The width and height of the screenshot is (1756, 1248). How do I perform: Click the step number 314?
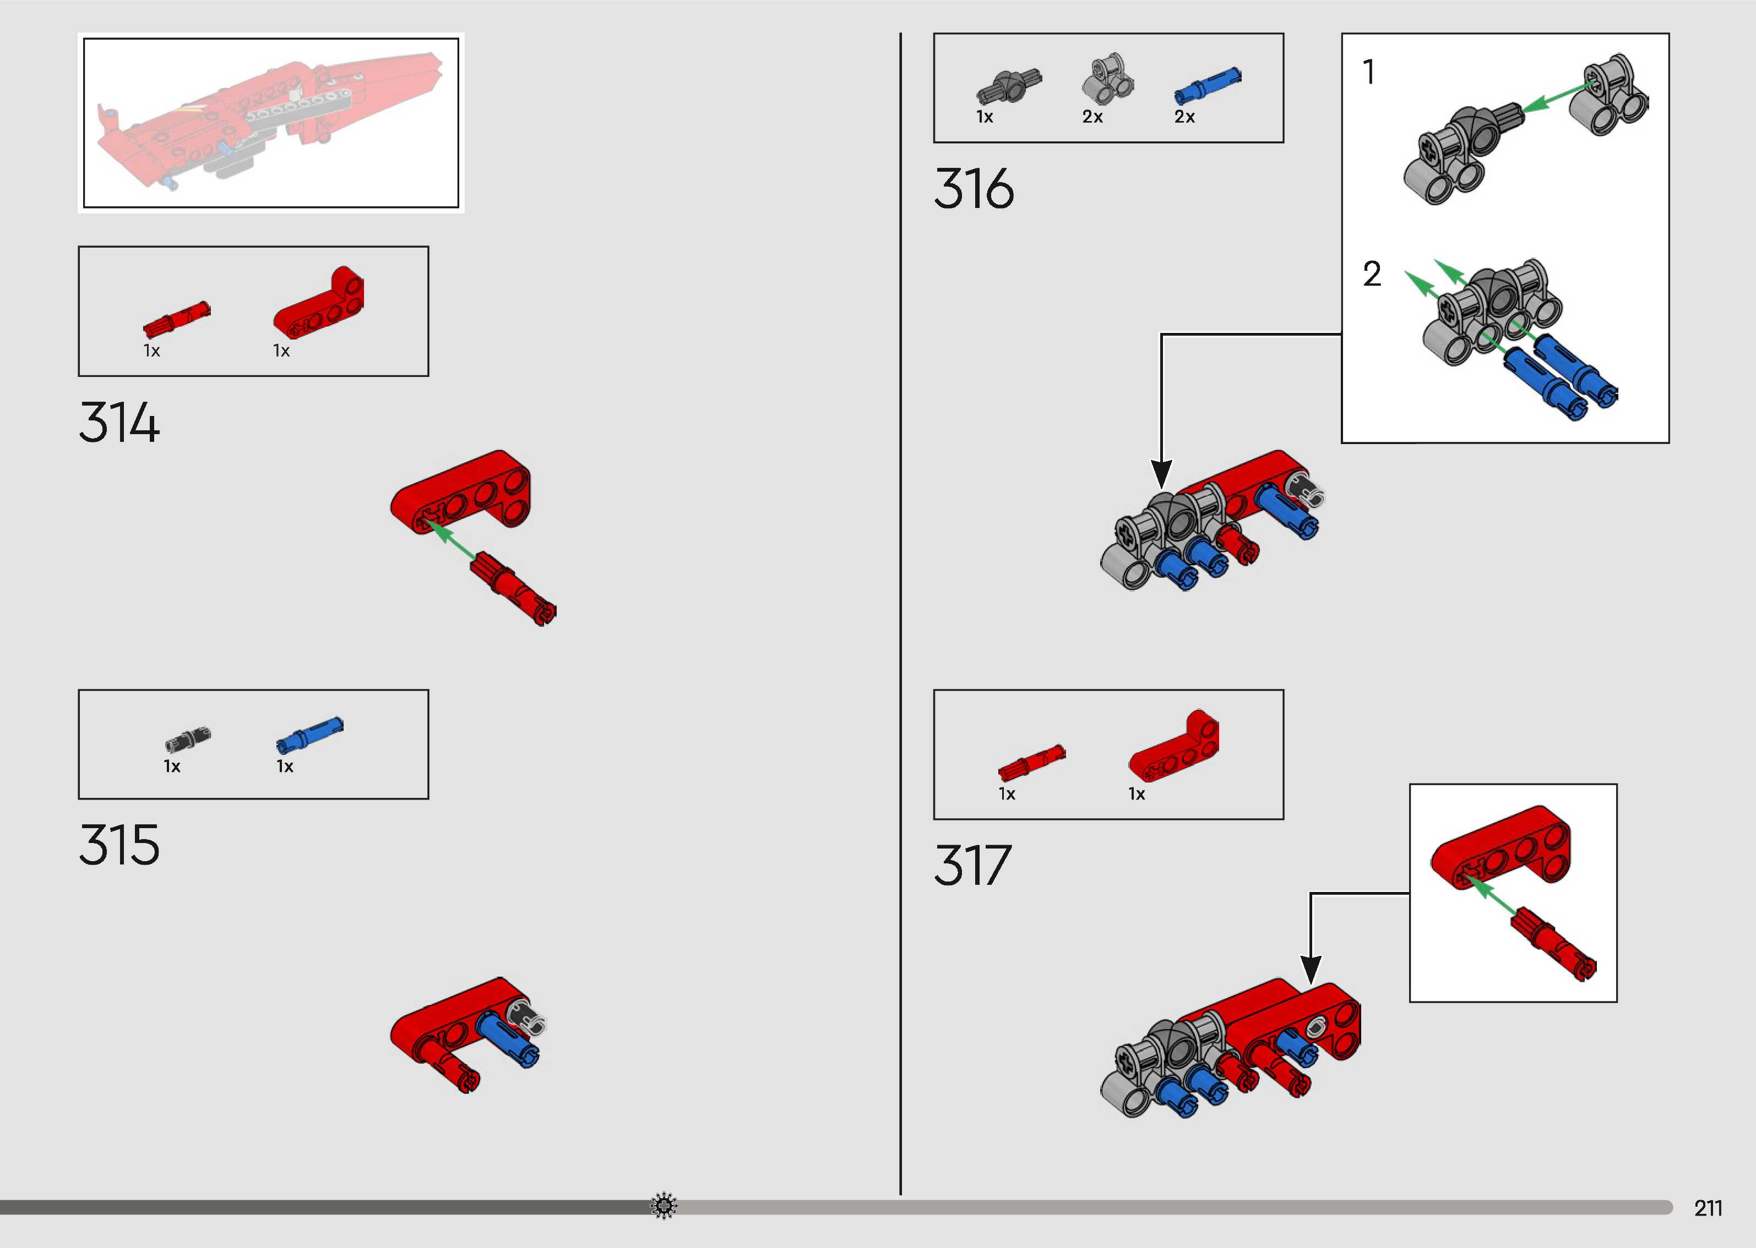point(119,422)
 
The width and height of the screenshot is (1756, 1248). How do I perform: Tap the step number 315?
point(119,845)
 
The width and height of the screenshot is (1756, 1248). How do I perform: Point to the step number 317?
point(972,866)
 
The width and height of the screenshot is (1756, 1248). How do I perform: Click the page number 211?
point(1708,1208)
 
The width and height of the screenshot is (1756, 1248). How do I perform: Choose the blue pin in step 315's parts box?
point(309,735)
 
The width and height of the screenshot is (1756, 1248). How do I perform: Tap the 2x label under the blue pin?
point(1184,117)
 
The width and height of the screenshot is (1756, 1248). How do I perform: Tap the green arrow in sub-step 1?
point(1553,98)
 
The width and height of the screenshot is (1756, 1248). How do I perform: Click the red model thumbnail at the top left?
point(270,122)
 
